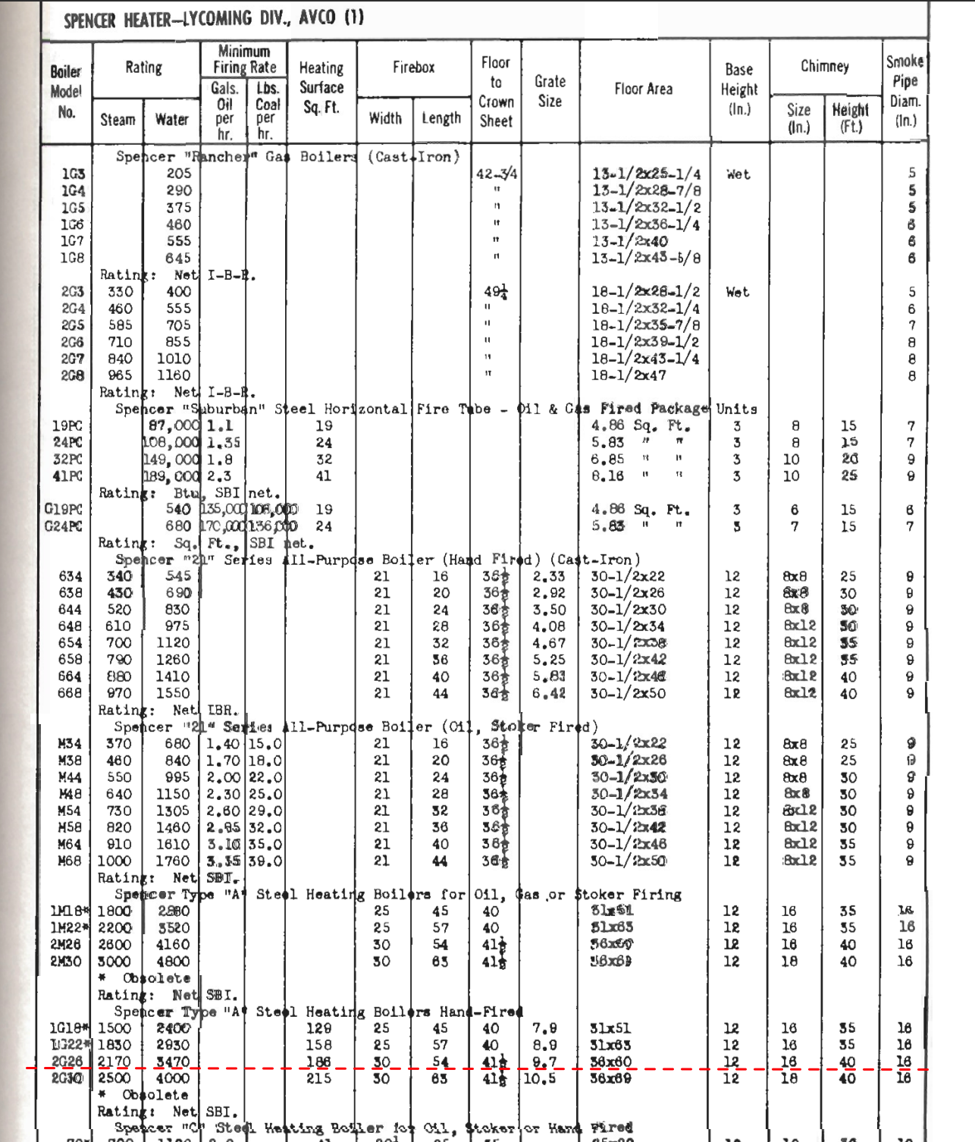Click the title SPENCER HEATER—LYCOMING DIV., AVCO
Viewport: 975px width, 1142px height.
pyautogui.click(x=214, y=19)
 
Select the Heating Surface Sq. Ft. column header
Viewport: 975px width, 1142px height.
pyautogui.click(x=321, y=88)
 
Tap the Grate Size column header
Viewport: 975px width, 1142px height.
pyautogui.click(x=550, y=91)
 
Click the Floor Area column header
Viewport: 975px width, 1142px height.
pyautogui.click(x=643, y=89)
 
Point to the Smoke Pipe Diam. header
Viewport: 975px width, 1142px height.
pyautogui.click(x=904, y=91)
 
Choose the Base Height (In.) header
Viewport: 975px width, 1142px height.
pyautogui.click(x=738, y=89)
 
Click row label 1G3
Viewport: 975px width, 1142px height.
pyautogui.click(x=73, y=174)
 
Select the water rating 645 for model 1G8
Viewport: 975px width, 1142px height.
pyautogui.click(x=179, y=258)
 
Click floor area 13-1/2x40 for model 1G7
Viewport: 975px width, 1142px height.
pyautogui.click(x=629, y=241)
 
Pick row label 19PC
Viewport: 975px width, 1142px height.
pyautogui.click(x=67, y=426)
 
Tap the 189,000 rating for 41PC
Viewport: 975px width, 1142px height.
pyautogui.click(x=171, y=476)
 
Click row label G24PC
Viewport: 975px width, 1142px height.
pyautogui.click(x=63, y=526)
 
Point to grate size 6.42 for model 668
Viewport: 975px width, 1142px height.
pyautogui.click(x=548, y=693)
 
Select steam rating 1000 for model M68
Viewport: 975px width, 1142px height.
pyautogui.click(x=114, y=861)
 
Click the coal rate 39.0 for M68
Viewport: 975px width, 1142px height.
pyautogui.click(x=265, y=861)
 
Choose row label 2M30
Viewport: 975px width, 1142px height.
pyautogui.click(x=66, y=962)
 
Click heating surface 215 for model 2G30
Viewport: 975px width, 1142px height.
pyautogui.click(x=318, y=1078)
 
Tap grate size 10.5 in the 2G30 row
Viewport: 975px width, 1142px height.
pyautogui.click(x=540, y=1078)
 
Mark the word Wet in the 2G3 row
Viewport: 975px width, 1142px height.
pyautogui.click(x=737, y=292)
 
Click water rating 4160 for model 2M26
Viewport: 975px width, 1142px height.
pyautogui.click(x=173, y=945)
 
